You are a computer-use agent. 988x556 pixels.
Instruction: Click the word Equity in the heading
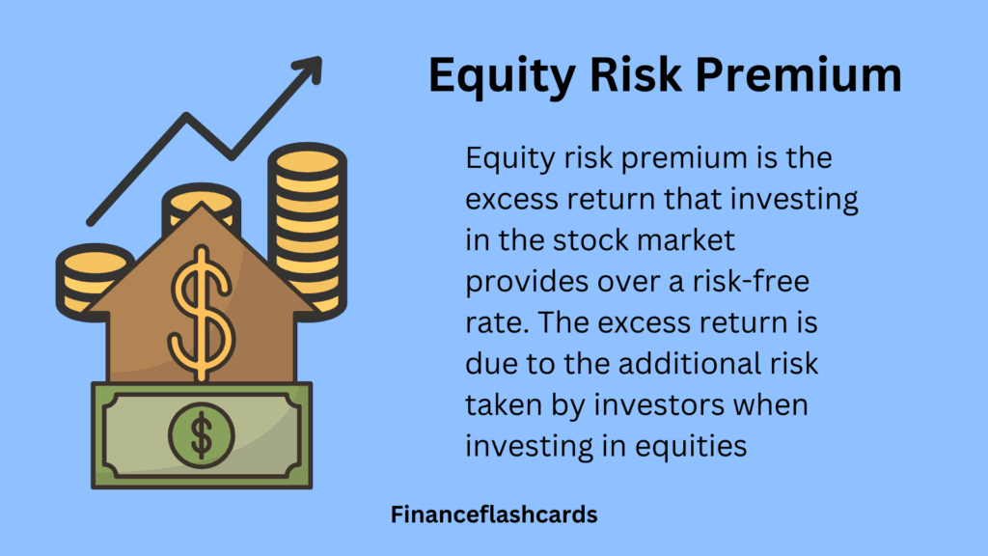click(502, 76)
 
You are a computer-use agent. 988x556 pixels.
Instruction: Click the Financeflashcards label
click(494, 514)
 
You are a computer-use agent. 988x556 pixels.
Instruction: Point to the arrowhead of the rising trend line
click(310, 69)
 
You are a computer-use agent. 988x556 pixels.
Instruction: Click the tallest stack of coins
click(308, 230)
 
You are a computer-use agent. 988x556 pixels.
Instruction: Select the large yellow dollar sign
click(201, 314)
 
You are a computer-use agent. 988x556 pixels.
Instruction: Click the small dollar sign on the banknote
click(202, 435)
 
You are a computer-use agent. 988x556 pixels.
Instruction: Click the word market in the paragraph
click(686, 240)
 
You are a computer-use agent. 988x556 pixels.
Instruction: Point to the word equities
click(691, 447)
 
